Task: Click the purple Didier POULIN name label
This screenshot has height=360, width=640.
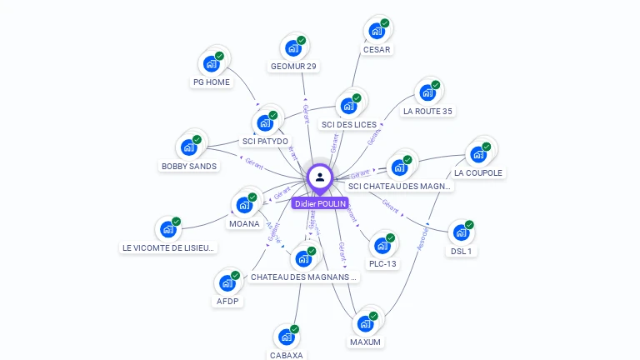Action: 319,203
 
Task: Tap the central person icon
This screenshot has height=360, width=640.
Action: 320,177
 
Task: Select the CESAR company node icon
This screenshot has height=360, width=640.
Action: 377,32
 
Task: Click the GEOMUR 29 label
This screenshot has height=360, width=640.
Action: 293,67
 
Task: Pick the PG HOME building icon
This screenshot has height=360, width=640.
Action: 212,64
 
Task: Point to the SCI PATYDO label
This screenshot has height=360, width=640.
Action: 265,142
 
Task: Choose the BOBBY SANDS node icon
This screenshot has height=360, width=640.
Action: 189,148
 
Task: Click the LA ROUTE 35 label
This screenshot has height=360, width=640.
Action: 427,111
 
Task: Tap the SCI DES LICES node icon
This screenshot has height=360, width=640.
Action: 348,107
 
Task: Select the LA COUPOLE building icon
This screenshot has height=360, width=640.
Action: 478,155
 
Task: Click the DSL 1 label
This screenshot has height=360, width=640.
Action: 462,251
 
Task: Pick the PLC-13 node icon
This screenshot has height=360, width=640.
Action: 382,246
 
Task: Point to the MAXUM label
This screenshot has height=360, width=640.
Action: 365,342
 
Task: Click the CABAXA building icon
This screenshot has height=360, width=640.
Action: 287,337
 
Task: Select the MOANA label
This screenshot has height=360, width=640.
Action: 244,223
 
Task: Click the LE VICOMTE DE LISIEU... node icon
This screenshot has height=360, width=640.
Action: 168,229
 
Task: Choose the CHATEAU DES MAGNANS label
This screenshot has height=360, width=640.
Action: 303,277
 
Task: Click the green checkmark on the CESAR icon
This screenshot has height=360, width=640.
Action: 385,23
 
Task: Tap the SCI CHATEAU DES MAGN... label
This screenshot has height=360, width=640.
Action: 400,187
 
